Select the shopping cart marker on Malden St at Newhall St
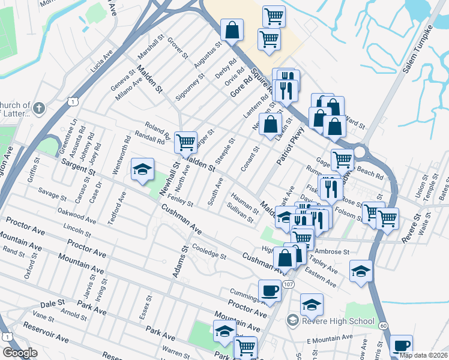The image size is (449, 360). pos(186,142)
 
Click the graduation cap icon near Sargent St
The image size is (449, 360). pos(143,170)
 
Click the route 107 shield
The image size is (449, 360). pos(289,283)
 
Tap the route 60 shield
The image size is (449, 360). pos(383,325)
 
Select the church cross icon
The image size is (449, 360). pos(39,108)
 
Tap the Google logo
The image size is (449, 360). pos(20,353)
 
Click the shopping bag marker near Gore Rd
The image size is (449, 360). pos(232,29)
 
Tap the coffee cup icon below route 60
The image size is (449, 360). pos(401,346)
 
